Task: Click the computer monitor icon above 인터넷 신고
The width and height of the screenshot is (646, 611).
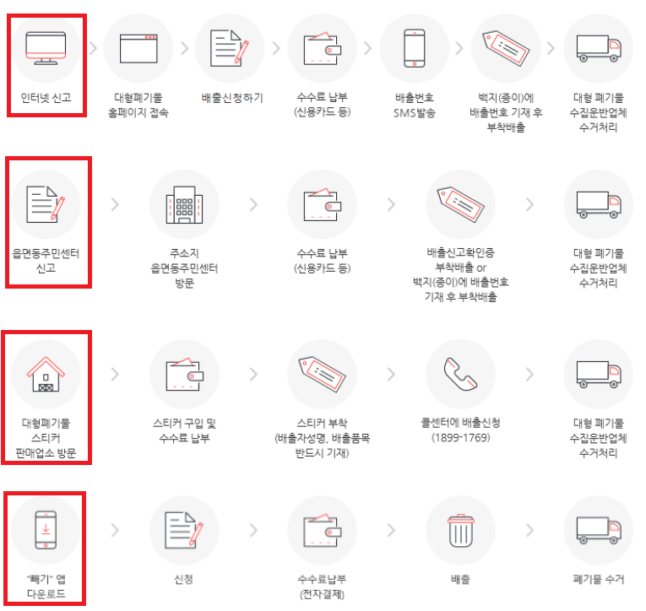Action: (46, 48)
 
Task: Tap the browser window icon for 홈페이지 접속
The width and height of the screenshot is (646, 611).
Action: (138, 49)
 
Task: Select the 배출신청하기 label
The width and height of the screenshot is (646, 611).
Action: (232, 98)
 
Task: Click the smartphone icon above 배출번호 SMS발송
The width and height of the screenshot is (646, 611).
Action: (415, 48)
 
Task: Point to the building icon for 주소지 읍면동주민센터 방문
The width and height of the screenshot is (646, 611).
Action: (184, 204)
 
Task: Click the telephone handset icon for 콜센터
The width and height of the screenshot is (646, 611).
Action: (460, 374)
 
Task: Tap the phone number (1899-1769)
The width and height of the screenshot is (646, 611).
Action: (461, 438)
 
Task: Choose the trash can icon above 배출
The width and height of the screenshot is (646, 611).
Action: (460, 531)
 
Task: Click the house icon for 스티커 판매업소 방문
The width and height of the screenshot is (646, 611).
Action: (46, 374)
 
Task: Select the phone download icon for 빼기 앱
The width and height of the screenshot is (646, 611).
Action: (46, 530)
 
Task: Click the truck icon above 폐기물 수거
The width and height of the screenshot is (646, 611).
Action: (599, 530)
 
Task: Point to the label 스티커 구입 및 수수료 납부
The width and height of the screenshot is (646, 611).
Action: (185, 430)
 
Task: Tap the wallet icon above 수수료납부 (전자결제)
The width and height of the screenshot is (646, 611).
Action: (323, 531)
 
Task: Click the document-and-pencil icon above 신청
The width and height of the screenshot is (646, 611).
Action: (184, 530)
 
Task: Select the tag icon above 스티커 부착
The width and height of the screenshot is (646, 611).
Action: (323, 374)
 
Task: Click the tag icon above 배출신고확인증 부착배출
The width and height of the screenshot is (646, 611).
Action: (460, 204)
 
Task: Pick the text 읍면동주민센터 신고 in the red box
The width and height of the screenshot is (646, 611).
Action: (46, 261)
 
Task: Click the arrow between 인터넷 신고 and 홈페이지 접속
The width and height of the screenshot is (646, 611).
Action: (94, 48)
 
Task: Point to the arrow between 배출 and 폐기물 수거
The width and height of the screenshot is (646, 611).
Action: (529, 530)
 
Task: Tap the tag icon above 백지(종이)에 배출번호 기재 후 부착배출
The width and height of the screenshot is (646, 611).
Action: (506, 48)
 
